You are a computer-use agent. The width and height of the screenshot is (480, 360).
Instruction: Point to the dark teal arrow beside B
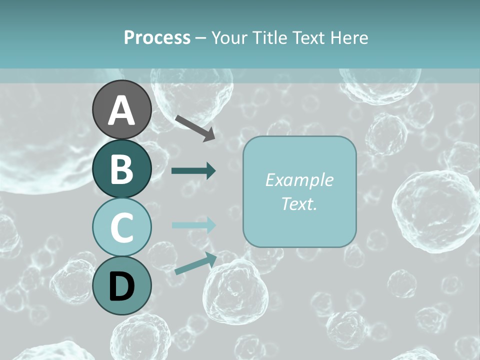(x=193, y=171)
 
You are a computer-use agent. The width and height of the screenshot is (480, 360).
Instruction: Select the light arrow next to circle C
(x=193, y=225)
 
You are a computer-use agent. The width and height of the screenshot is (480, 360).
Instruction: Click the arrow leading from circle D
(x=195, y=263)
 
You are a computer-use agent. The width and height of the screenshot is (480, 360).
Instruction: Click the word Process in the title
(x=157, y=38)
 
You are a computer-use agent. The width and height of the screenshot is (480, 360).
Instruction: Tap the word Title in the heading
(x=268, y=38)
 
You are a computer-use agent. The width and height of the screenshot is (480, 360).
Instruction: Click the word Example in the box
(x=299, y=180)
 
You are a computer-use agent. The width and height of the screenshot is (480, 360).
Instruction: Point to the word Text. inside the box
(x=299, y=204)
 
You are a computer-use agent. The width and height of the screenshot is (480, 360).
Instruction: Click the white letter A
(x=122, y=110)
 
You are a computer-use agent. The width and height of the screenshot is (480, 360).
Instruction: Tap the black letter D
(x=122, y=286)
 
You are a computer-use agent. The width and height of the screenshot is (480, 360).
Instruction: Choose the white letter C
(x=122, y=227)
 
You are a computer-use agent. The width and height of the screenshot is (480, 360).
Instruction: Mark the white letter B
(x=122, y=169)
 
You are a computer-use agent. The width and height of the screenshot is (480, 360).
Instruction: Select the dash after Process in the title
(x=200, y=38)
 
